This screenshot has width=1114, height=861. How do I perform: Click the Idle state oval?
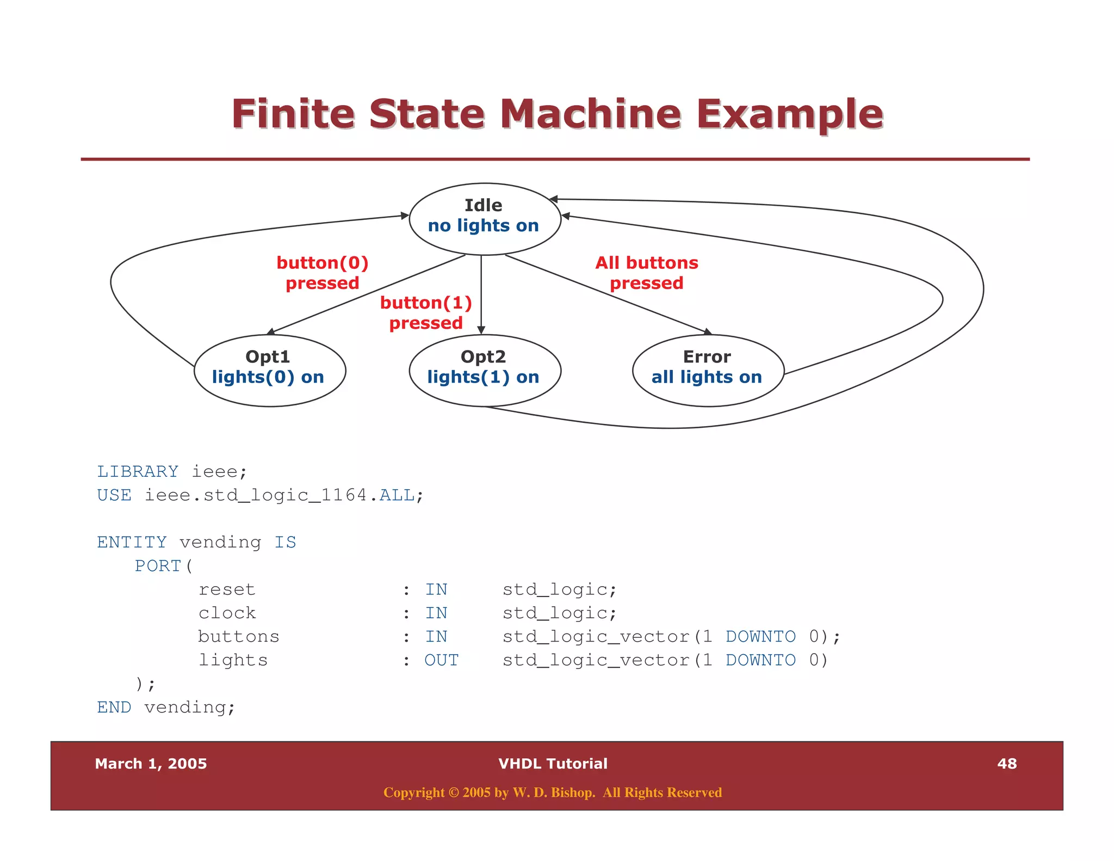pos(485,218)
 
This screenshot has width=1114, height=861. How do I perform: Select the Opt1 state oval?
pos(270,370)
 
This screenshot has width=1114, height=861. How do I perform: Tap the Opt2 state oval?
pos(485,370)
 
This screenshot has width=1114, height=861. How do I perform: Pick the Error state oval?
pos(708,370)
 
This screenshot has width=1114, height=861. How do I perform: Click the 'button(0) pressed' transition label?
pos(323,273)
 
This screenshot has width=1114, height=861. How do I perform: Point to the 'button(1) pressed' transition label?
pos(426,312)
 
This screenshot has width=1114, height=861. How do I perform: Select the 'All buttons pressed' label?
pos(646,273)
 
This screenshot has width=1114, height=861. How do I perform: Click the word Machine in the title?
pos(590,114)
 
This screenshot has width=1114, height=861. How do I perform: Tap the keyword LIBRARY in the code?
pos(138,471)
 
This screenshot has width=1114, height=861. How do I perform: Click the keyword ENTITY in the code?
pos(132,542)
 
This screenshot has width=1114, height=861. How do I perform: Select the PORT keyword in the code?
pos(158,566)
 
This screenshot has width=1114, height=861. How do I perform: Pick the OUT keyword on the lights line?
pos(441,660)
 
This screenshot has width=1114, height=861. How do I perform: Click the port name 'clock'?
pos(227,613)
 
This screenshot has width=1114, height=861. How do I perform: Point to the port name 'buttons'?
pos(238,637)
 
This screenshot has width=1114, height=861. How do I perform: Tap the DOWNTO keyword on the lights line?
pos(760,660)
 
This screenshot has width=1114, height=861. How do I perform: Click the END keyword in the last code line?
pos(114,708)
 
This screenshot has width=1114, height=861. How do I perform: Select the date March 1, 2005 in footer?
pos(151,764)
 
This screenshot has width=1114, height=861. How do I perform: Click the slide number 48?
pos(1007,764)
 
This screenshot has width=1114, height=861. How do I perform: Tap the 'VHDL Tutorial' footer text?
pos(553,764)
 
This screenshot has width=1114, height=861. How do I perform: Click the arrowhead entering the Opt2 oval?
pos(481,330)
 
